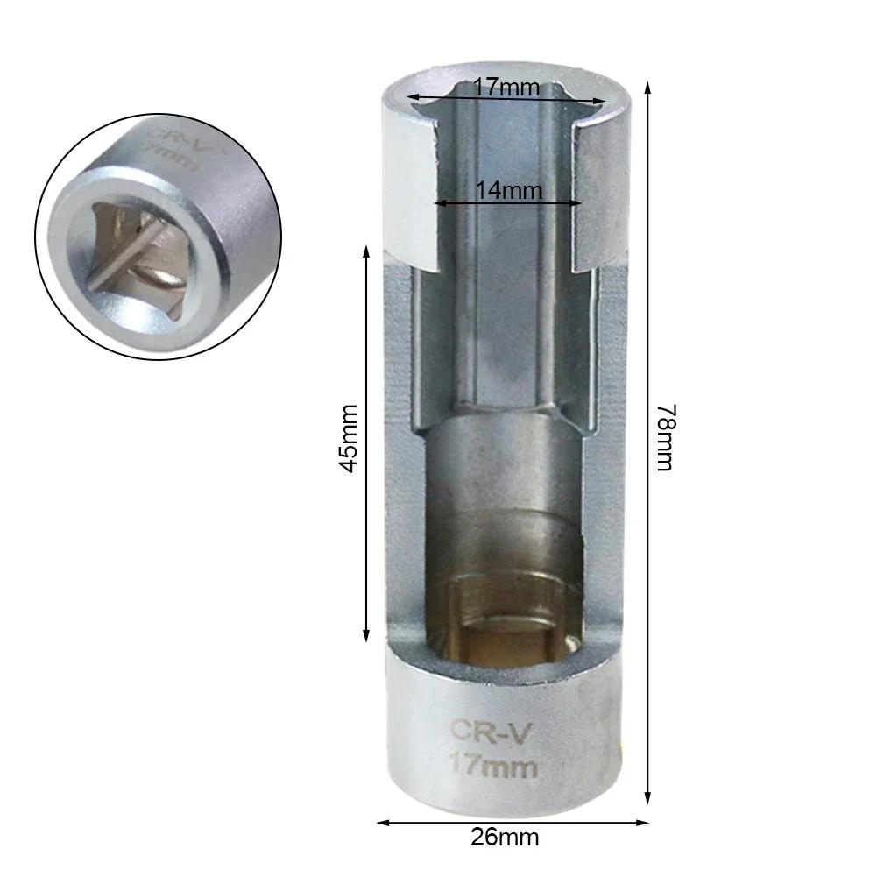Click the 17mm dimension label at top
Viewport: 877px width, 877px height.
click(506, 88)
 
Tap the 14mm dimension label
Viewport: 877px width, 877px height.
click(509, 190)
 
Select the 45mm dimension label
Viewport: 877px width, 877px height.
click(350, 438)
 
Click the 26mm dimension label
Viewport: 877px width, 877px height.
click(506, 837)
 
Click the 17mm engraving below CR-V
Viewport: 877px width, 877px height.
click(493, 768)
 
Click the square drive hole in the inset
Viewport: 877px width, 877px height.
click(132, 254)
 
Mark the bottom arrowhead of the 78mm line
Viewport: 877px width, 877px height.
click(648, 803)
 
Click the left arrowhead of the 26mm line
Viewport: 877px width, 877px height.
click(382, 822)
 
